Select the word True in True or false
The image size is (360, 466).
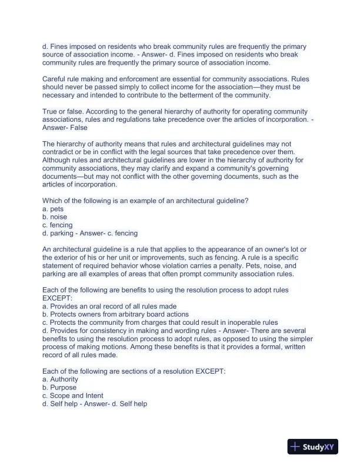click(x=51, y=112)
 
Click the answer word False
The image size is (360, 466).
click(x=78, y=128)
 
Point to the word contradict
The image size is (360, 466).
click(x=56, y=153)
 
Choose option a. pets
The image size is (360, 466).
click(x=53, y=209)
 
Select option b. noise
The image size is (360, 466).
click(x=55, y=217)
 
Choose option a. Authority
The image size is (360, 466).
click(x=60, y=380)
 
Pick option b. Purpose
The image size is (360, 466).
click(x=59, y=388)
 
